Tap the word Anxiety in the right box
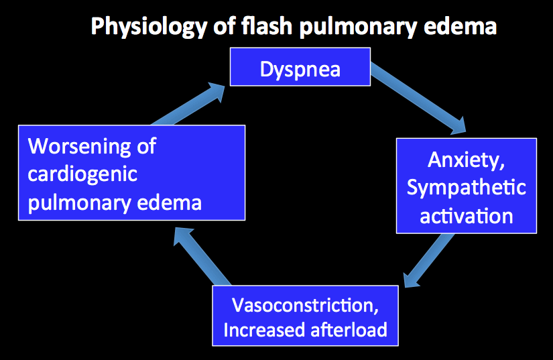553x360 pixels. tap(466, 160)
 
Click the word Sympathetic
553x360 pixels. tap(466, 188)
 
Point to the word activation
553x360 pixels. tap(466, 215)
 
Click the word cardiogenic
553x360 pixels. tap(82, 174)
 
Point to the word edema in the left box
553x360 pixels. tap(170, 202)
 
